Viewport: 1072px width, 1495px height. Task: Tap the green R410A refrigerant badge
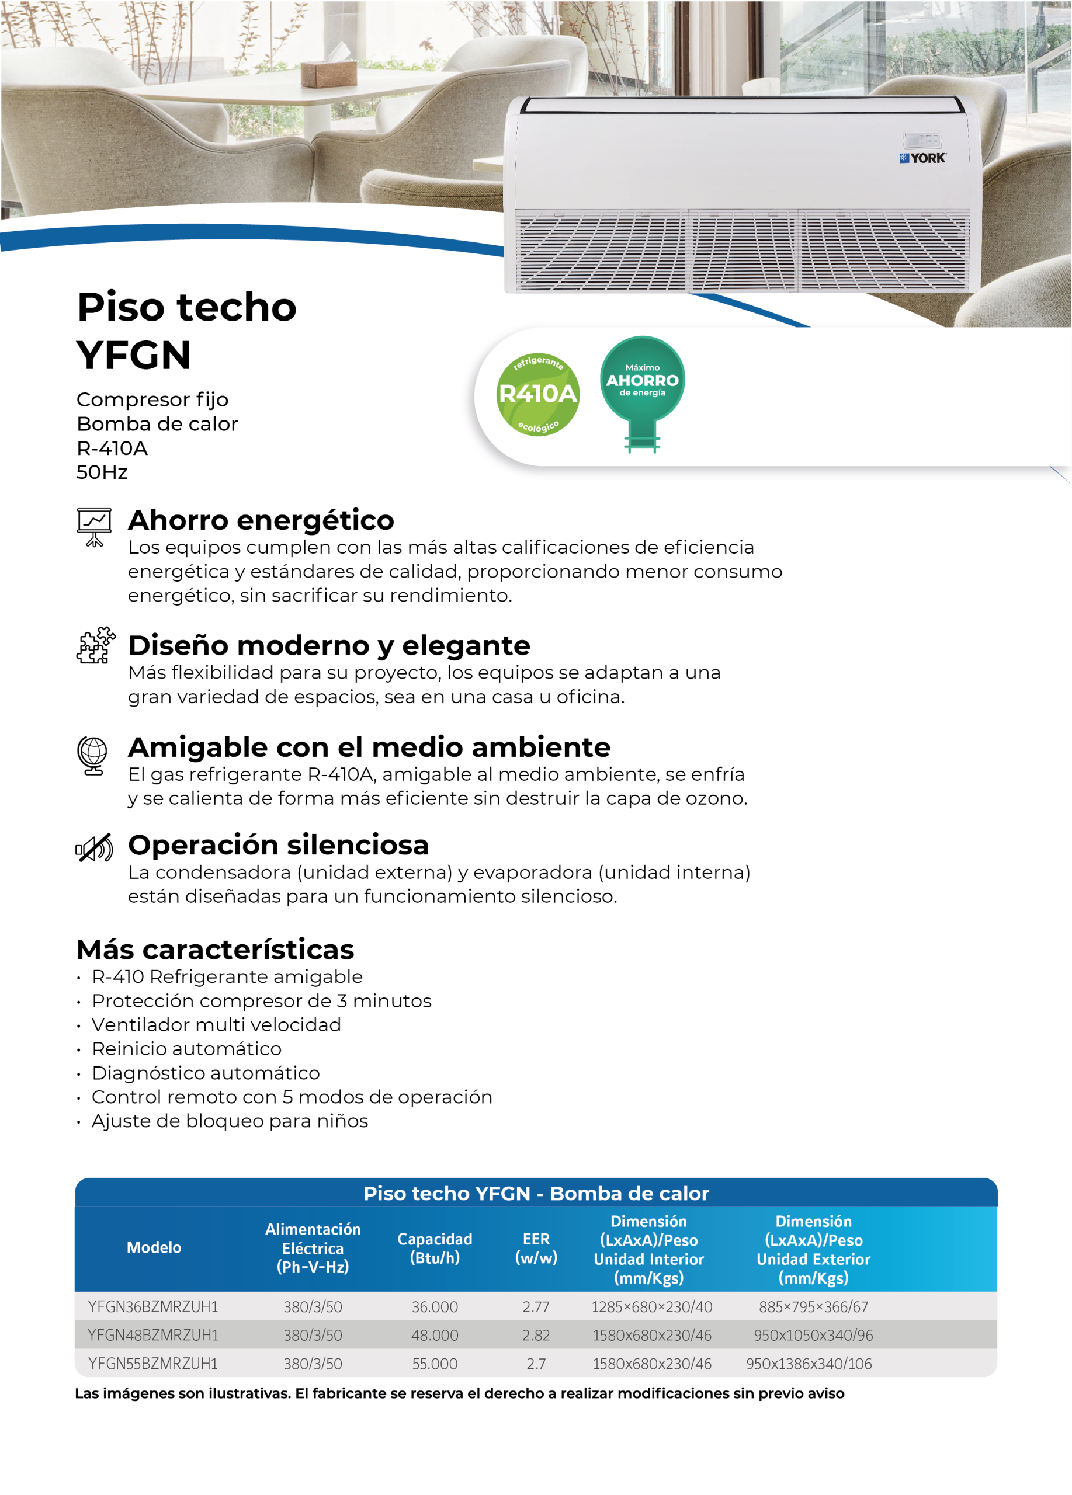(x=537, y=394)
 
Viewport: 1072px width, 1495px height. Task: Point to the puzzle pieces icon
(x=95, y=645)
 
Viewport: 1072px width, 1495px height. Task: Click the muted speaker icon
(x=94, y=849)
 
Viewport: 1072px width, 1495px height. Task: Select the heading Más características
(x=215, y=949)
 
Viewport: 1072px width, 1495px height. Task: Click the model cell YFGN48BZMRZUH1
(x=153, y=1335)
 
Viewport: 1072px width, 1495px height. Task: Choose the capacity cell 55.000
(x=435, y=1363)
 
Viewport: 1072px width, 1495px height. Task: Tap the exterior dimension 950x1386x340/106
(x=809, y=1363)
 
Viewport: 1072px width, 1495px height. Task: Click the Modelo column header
(x=154, y=1247)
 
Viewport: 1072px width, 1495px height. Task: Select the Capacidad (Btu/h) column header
(x=435, y=1248)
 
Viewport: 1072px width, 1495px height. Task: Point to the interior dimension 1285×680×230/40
(x=651, y=1306)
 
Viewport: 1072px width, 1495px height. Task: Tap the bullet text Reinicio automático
(x=186, y=1049)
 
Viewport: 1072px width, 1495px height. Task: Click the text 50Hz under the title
(x=102, y=472)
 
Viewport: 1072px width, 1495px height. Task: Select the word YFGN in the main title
(x=134, y=355)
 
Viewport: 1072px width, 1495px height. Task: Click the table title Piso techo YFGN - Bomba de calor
(x=536, y=1193)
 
